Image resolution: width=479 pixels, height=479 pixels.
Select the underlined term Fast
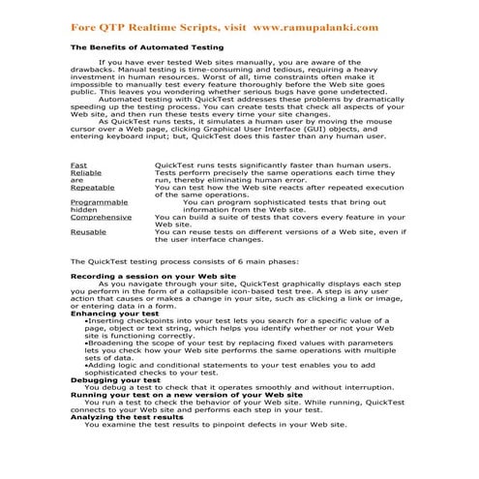coord(79,165)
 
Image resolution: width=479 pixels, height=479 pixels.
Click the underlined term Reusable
coord(88,231)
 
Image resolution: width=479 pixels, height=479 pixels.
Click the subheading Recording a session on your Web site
coord(154,277)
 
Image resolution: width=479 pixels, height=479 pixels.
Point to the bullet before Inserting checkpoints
coord(87,321)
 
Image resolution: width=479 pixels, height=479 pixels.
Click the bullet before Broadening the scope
coord(87,344)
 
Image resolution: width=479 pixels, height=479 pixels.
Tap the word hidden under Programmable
coord(84,209)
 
